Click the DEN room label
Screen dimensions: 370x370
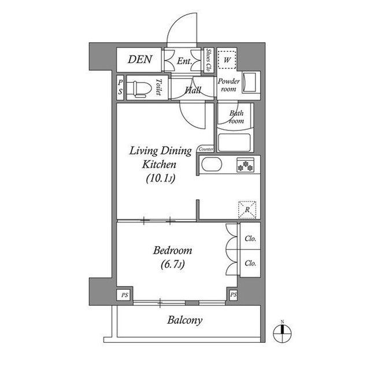click(x=140, y=59)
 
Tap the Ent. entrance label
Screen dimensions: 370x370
click(x=184, y=61)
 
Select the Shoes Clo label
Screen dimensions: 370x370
click(x=208, y=60)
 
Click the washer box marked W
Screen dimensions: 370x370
click(x=227, y=60)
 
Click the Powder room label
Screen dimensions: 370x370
click(x=228, y=85)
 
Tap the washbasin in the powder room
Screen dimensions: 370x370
click(x=249, y=82)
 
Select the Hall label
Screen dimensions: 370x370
click(x=193, y=90)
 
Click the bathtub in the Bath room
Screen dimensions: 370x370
click(x=234, y=142)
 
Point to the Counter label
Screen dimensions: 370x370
click(x=206, y=149)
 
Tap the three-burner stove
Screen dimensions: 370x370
click(x=245, y=164)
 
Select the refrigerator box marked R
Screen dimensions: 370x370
click(x=247, y=210)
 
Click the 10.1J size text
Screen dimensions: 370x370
click(x=161, y=178)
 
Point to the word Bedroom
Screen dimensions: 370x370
click(x=172, y=251)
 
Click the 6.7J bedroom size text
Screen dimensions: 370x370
click(x=172, y=265)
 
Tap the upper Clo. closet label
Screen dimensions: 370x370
click(x=250, y=239)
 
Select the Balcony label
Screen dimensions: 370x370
click(x=185, y=321)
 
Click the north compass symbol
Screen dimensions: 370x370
click(x=282, y=334)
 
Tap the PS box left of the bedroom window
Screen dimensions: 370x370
click(x=125, y=295)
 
